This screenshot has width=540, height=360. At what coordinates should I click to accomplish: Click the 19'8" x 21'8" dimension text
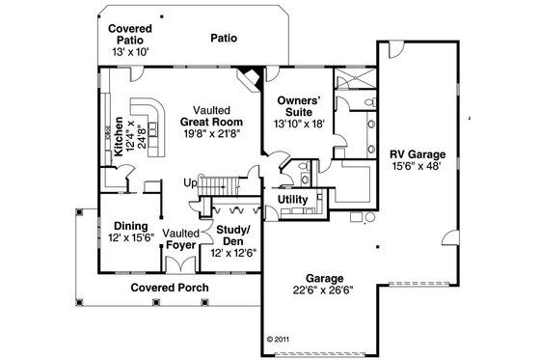(x=210, y=135)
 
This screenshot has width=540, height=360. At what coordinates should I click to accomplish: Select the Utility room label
(x=292, y=200)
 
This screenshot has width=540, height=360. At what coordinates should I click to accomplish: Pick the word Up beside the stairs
(x=191, y=182)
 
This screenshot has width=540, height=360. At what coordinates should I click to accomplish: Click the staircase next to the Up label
(x=220, y=182)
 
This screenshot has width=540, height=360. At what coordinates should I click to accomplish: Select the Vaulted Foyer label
(x=180, y=239)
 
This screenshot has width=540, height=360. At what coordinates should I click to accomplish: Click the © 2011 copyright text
(x=280, y=340)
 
